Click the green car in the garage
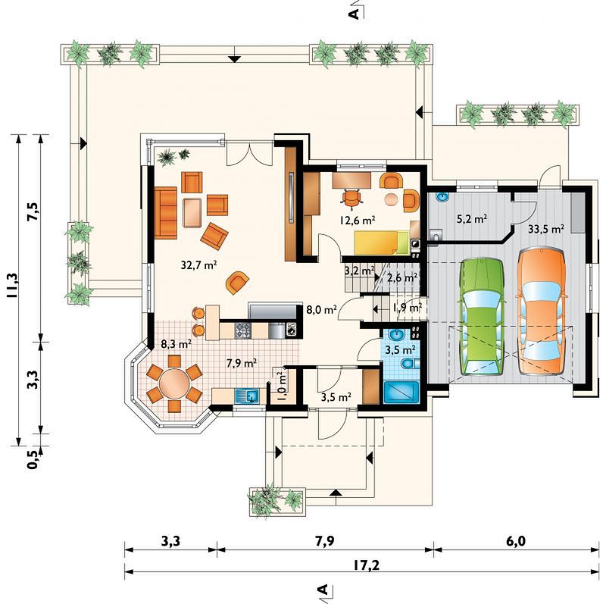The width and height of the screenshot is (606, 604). pos(482,317)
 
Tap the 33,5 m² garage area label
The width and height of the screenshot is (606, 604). pos(545,229)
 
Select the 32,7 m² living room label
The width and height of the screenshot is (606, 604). pos(198,265)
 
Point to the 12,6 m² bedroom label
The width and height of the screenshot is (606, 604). pos(358,220)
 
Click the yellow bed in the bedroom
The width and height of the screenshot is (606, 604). pos(382,243)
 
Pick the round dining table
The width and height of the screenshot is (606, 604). pos(174,383)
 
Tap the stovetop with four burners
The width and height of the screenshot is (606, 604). pos(243,330)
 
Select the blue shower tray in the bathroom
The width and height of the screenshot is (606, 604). pos(401,392)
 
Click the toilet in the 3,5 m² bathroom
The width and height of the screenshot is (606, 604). pos(410,365)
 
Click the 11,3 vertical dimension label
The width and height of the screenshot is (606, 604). pos(12,285)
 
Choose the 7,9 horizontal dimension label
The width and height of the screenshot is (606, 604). pos(325,541)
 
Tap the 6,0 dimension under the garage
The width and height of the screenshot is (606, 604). pos(516,541)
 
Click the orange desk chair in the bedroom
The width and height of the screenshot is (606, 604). pos(351,198)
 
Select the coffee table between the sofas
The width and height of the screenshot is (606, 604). pos(192,212)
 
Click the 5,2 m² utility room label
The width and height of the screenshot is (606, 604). pos(471,219)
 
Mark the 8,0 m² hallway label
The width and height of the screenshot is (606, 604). pos(321,309)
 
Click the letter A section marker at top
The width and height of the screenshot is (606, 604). pos(354,14)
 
